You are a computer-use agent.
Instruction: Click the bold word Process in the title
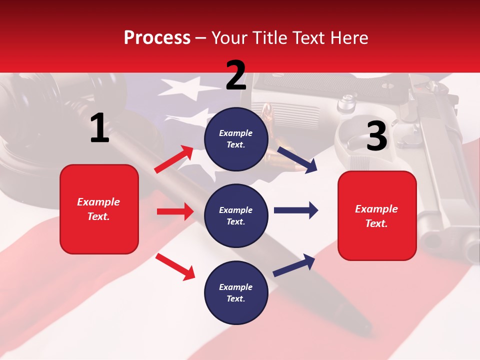coord(157,37)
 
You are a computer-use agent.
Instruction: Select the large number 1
coord(99,128)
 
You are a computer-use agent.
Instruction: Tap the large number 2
coord(236,75)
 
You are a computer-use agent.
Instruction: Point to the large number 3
coord(376,136)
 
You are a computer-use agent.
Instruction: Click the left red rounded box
coord(99,209)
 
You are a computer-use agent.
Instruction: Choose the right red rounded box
coord(377,215)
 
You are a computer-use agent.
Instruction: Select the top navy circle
coord(236,139)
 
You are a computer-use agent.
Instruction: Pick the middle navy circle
coord(236,215)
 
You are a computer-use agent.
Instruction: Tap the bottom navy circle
coord(236,292)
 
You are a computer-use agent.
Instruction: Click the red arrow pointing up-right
coord(174,159)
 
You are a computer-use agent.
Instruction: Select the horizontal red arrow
coord(175,211)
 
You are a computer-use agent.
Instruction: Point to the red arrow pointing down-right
coord(175,266)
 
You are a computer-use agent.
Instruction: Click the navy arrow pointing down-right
coord(297,160)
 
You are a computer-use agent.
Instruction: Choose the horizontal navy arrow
coord(296,210)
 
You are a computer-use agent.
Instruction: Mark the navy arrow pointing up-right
coord(294,265)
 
